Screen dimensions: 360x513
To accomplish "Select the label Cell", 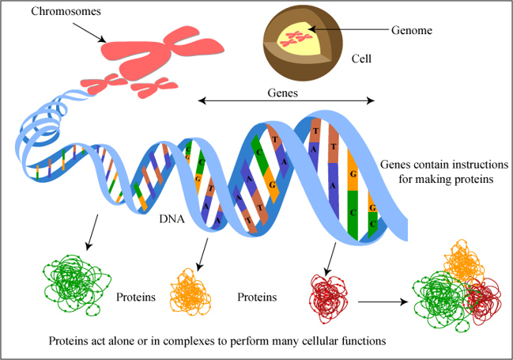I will coord(362,59).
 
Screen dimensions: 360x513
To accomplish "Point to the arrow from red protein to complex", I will coord(384,301).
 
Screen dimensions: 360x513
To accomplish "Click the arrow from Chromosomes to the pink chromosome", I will coord(86,31).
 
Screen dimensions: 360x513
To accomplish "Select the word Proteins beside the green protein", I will coord(134,298).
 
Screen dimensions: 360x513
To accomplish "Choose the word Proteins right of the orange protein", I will coord(257,298).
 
